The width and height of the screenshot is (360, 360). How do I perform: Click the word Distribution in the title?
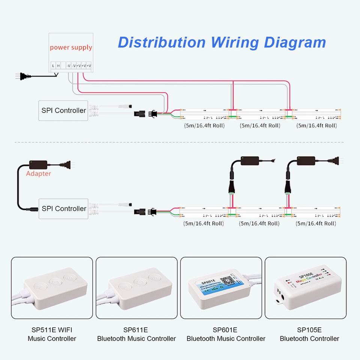click(162, 42)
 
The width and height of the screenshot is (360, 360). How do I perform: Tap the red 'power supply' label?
click(71, 48)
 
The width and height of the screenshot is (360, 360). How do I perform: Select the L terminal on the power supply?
click(53, 66)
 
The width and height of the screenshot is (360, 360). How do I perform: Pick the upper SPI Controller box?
click(63, 110)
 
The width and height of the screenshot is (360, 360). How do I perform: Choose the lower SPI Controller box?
click(63, 208)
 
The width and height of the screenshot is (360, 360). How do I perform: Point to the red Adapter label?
click(38, 174)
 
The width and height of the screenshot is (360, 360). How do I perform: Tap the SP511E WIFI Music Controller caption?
click(52, 334)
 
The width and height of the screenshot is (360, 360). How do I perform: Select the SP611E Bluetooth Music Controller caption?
click(136, 334)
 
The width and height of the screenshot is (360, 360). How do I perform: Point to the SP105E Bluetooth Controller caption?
click(309, 334)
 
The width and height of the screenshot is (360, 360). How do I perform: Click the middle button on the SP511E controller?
click(55, 282)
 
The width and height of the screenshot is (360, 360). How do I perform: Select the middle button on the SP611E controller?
click(139, 282)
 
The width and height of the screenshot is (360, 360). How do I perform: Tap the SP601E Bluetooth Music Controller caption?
click(226, 334)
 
